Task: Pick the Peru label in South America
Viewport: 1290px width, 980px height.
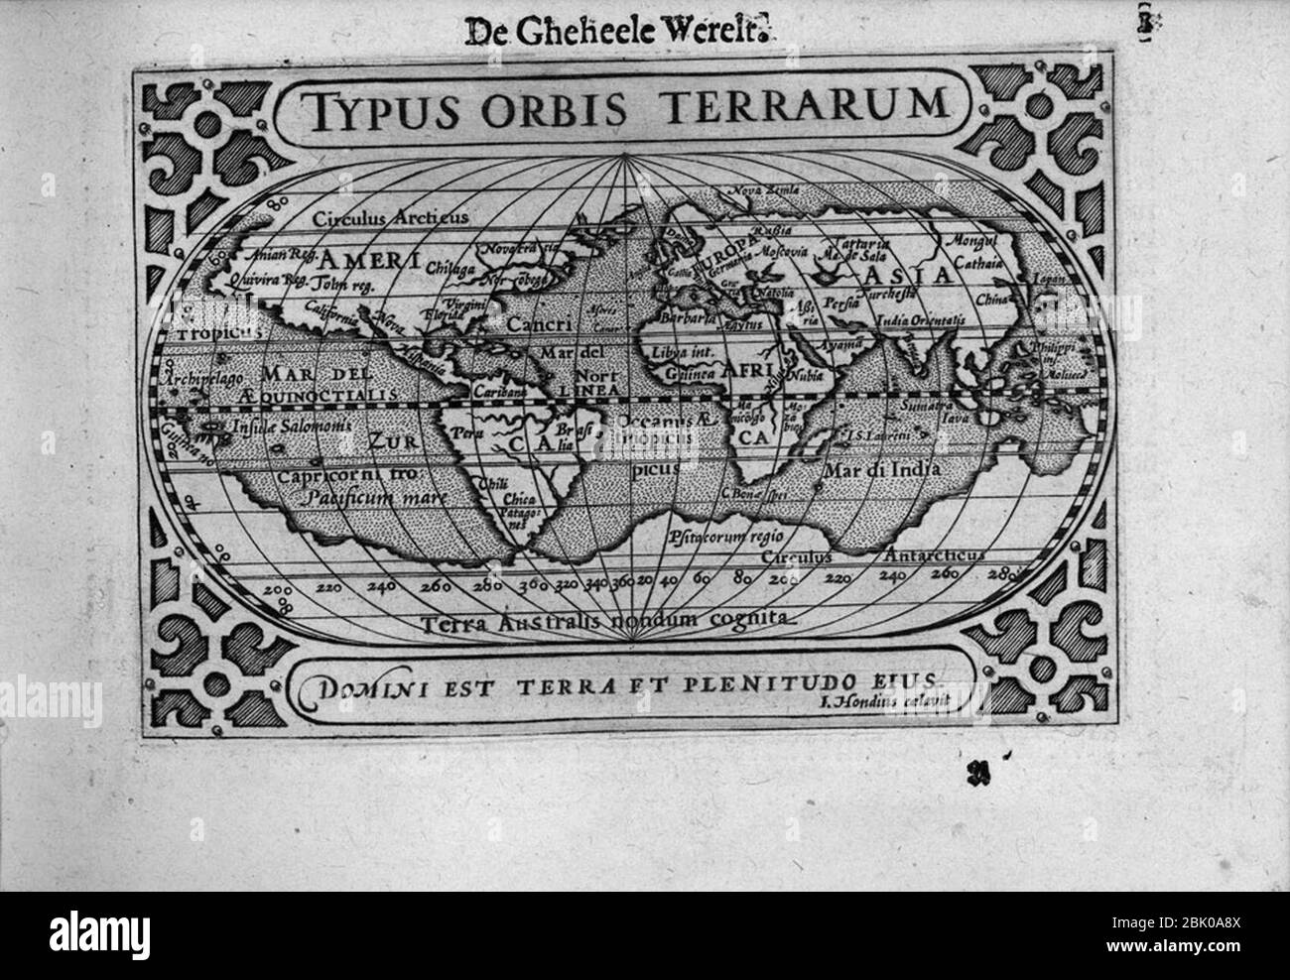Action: pos(465,432)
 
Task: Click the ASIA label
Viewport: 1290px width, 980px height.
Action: pos(906,275)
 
